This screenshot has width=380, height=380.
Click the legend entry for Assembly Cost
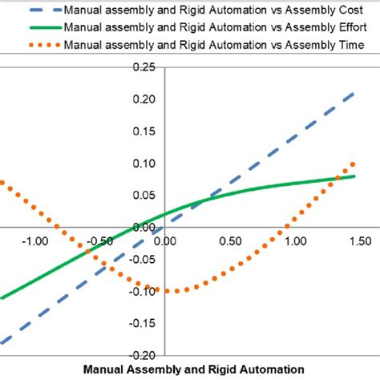pos(212,12)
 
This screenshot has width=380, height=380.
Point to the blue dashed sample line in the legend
pos(28,12)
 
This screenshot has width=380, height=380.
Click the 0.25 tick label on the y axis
pos(144,68)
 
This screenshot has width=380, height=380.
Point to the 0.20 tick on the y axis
pos(144,100)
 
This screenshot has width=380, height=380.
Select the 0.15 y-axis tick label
pos(144,131)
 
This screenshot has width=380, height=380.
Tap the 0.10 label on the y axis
pos(144,164)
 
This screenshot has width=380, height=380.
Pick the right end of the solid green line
pos(355,176)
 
